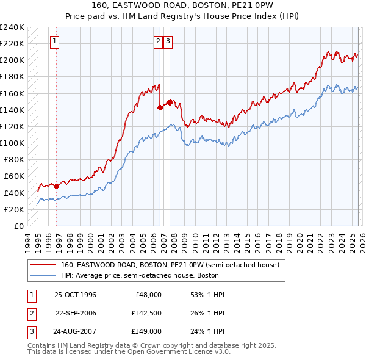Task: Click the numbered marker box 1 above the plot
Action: pos(54,41)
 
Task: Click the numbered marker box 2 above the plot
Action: pos(158,41)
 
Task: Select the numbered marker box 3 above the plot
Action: pos(168,41)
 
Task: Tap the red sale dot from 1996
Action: pos(57,186)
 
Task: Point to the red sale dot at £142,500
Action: pos(160,107)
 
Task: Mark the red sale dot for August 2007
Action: pos(170,102)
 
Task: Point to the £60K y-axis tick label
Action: pos(14,176)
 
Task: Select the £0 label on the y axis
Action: pos(19,226)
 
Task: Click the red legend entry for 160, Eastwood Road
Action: pos(170,265)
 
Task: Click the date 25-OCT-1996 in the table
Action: pos(75,295)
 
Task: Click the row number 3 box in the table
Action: pos(31,331)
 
